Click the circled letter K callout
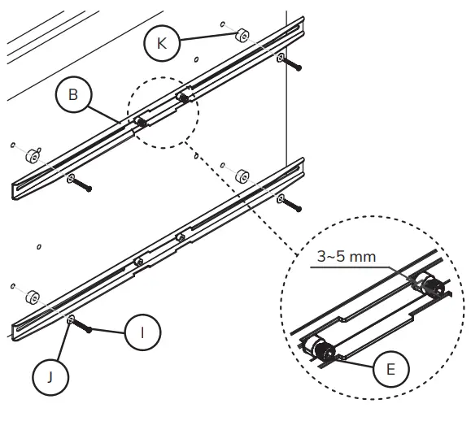162,43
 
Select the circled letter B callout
73,96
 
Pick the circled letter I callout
142,332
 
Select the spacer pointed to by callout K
241,36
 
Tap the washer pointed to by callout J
72,319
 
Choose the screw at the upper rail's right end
293,63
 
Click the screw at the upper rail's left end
82,184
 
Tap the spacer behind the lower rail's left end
33,296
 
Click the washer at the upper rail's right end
280,58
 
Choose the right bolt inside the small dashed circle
185,99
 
